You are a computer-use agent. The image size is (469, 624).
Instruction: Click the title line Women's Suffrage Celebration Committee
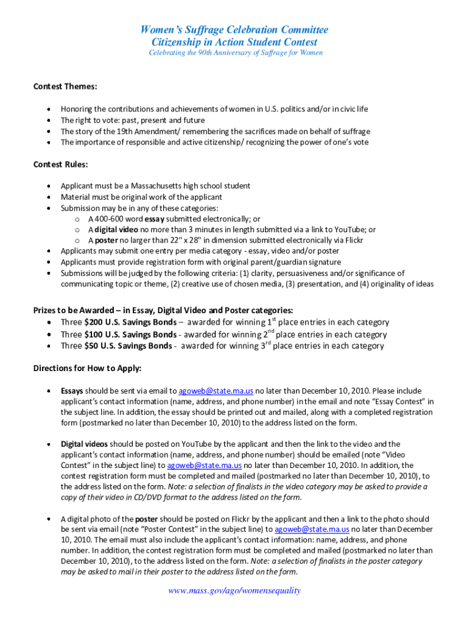click(234, 30)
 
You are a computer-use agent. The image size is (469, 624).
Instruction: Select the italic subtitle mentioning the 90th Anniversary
click(236, 53)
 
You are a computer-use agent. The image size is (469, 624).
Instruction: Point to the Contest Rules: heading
click(60, 165)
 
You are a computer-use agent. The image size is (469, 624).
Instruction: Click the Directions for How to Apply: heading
click(87, 369)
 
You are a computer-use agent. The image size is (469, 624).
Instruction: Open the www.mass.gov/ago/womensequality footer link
click(235, 590)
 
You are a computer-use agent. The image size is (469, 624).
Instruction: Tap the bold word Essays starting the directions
click(72, 391)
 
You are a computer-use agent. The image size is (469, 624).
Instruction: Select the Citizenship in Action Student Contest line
click(234, 42)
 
